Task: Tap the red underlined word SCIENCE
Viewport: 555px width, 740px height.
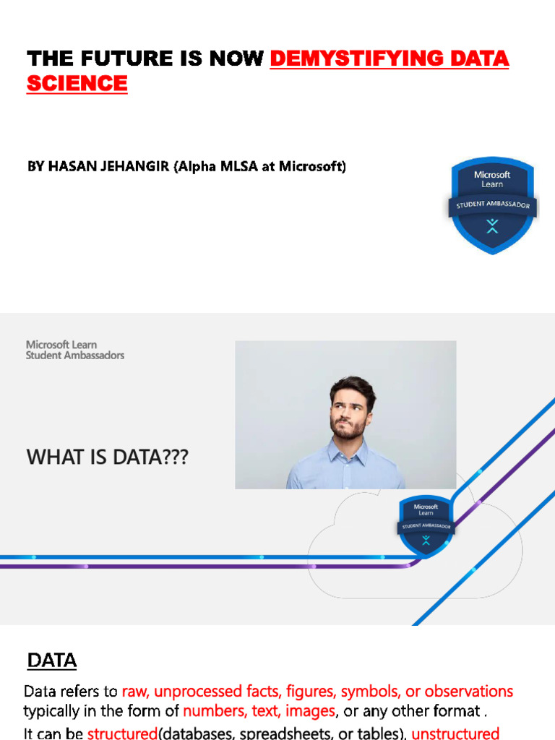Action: [x=77, y=84]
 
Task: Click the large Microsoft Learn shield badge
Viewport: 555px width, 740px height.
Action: [x=492, y=206]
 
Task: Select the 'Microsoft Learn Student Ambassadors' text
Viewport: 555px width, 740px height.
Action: [x=75, y=350]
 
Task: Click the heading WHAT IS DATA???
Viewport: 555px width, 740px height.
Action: [x=107, y=457]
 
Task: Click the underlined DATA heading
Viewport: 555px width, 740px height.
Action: [x=52, y=661]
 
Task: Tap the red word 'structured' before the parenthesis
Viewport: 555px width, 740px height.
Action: [x=122, y=733]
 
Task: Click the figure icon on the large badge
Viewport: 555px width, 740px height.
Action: [x=492, y=227]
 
